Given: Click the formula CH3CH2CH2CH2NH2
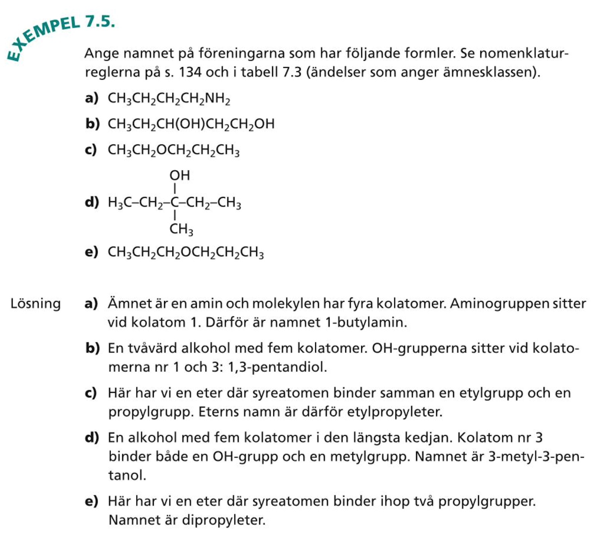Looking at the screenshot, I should (169, 99).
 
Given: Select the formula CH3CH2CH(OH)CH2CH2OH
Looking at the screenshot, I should (191, 124).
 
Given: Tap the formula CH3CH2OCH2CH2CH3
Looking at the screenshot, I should (174, 150).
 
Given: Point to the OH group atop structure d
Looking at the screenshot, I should (179, 176).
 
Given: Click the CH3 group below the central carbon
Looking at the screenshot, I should (181, 229).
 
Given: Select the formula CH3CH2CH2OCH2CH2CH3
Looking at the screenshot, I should (185, 253).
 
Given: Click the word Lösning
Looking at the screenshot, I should (35, 304).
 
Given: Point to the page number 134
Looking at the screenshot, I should (190, 72).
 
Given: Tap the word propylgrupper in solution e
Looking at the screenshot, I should (486, 501).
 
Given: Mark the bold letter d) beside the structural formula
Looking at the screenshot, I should (92, 202).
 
